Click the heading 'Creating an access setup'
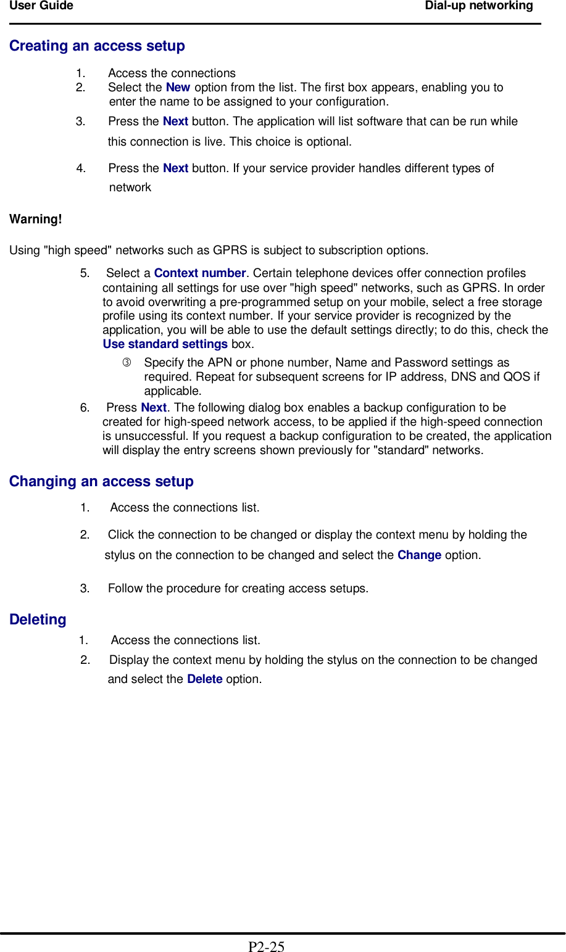[x=97, y=46]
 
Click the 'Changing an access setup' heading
[x=101, y=481]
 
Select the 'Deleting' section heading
[x=38, y=619]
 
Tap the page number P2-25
[x=266, y=946]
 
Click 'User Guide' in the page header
[x=41, y=6]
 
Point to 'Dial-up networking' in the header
[x=478, y=6]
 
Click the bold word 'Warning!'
[x=36, y=219]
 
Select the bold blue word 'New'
[x=178, y=88]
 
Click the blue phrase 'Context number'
[x=200, y=273]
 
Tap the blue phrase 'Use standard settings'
[x=165, y=344]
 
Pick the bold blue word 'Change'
[x=419, y=555]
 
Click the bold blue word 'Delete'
[x=204, y=679]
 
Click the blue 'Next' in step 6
[x=154, y=408]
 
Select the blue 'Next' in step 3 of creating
[x=175, y=122]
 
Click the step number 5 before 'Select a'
[x=85, y=273]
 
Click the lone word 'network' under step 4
[x=130, y=188]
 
